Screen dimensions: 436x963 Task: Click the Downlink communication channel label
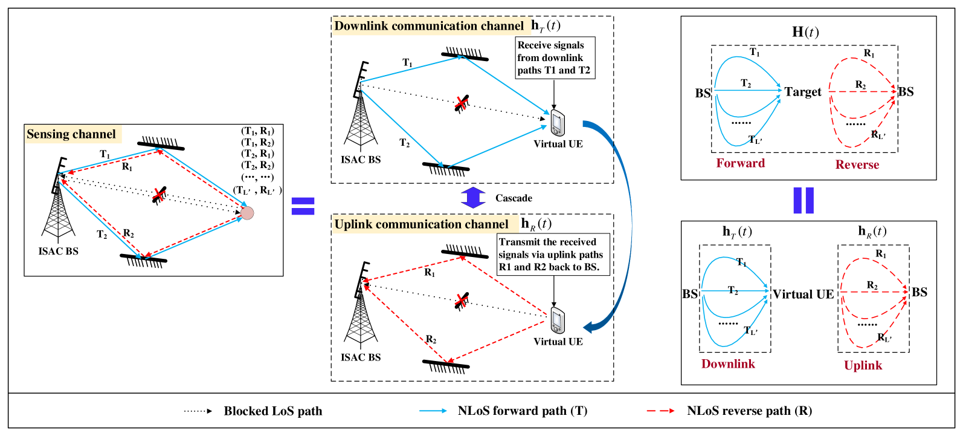click(x=431, y=26)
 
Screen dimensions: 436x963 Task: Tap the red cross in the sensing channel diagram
click(x=158, y=195)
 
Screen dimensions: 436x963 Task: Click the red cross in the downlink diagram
click(x=461, y=103)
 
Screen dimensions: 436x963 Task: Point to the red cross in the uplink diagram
click(x=461, y=301)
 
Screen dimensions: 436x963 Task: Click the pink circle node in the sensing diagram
click(x=247, y=213)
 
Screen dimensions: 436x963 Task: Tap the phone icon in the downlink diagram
click(x=558, y=123)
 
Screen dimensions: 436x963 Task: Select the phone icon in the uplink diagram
click(x=558, y=320)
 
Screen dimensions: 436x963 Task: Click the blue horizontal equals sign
click(x=303, y=206)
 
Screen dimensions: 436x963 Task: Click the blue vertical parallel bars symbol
click(x=803, y=200)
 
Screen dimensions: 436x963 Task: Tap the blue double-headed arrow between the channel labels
click(x=473, y=197)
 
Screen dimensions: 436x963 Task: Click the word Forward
click(x=740, y=163)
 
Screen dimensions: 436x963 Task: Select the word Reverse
click(x=857, y=164)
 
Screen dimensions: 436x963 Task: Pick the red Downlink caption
click(x=728, y=364)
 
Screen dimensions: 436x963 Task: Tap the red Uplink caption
click(x=863, y=365)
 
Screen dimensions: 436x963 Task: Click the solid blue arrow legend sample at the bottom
click(x=433, y=411)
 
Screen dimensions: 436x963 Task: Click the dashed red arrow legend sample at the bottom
click(x=660, y=411)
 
